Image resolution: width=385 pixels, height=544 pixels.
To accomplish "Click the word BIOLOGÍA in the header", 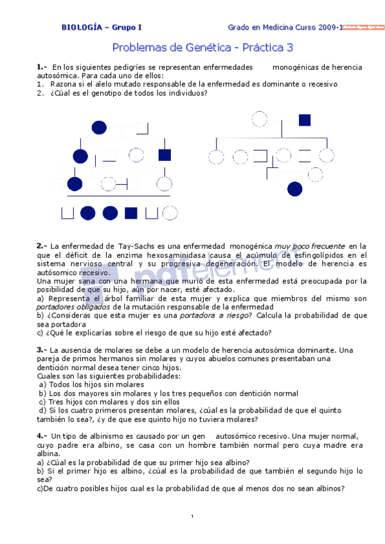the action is [x=82, y=27].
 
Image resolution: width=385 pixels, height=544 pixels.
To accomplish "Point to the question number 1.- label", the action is [x=42, y=67].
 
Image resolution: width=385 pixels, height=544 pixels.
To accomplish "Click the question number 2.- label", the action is [x=42, y=246].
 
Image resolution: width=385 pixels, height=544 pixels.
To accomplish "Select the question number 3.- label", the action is [x=42, y=350].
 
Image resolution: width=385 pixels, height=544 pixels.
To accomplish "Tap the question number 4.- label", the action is [x=42, y=436].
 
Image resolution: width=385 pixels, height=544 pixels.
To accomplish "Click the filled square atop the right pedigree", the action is [x=305, y=119].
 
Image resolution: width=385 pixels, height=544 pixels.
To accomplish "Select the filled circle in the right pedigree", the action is [x=295, y=189].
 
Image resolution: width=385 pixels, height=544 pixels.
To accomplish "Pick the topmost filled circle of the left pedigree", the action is [x=100, y=127].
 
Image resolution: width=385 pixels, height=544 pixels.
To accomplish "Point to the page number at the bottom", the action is [x=192, y=517].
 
